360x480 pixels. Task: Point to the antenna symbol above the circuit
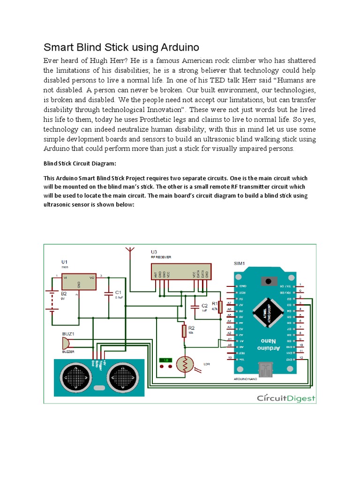[130, 253]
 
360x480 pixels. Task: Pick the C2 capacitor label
[204, 306]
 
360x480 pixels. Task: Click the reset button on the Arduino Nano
[269, 281]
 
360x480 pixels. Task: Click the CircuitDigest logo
[286, 398]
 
